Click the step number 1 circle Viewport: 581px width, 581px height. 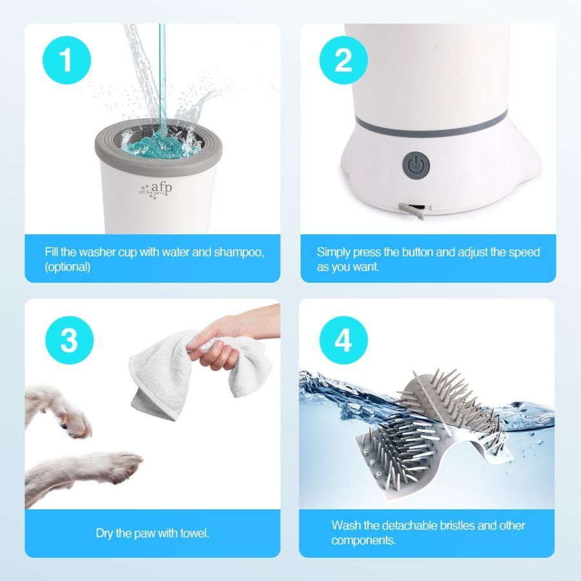(66, 61)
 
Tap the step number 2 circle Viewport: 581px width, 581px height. (343, 61)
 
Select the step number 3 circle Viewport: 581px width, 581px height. (69, 340)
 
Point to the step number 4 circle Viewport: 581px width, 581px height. (343, 340)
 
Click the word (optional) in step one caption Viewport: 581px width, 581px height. (68, 267)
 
